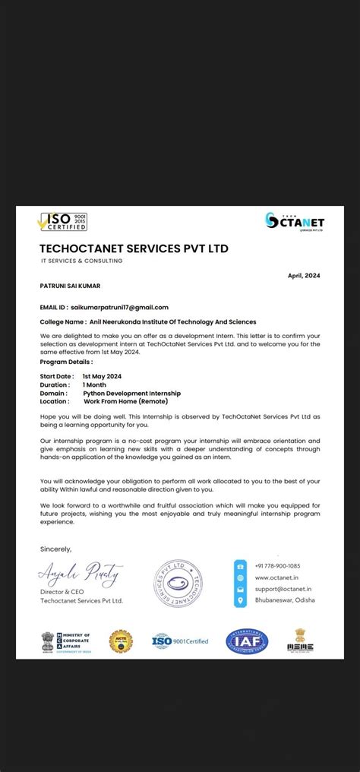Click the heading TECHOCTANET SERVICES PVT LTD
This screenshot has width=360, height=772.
click(134, 248)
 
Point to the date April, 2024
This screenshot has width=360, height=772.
click(303, 275)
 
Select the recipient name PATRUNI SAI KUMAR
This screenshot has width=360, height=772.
click(70, 286)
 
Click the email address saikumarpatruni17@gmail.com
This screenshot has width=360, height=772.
click(119, 307)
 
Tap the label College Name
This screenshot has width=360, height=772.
click(61, 321)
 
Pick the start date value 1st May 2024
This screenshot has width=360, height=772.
click(102, 376)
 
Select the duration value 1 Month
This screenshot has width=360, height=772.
click(95, 384)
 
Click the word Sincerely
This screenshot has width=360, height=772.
click(55, 548)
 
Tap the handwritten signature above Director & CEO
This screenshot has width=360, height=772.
click(81, 573)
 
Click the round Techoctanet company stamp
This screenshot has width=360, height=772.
click(177, 584)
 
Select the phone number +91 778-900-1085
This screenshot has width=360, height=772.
click(278, 566)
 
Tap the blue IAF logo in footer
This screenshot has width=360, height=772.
click(246, 642)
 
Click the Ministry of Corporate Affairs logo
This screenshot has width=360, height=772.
click(67, 642)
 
